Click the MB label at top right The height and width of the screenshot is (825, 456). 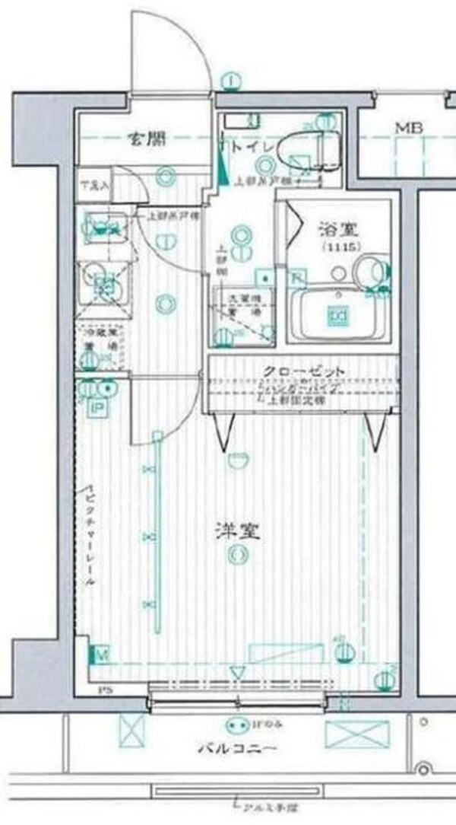click(403, 127)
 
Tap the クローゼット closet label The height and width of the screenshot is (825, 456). click(304, 371)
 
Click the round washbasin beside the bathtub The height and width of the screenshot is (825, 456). click(369, 270)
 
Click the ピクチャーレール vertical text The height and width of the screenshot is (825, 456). click(90, 534)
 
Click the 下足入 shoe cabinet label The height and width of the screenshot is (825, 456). click(97, 185)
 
